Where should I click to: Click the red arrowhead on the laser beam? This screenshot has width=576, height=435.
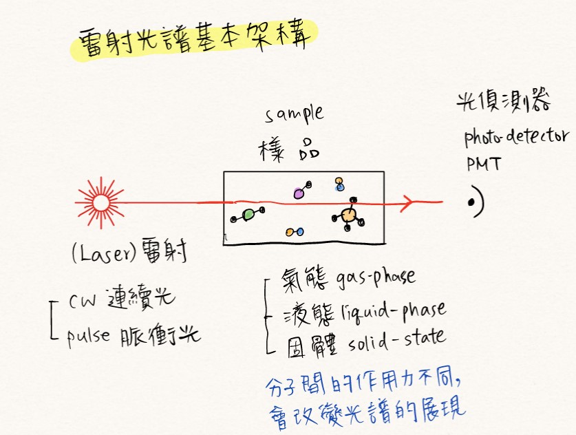point(408,202)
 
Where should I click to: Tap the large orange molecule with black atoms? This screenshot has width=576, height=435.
point(349,215)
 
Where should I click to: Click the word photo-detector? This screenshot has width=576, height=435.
point(516,138)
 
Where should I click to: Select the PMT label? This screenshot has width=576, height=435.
point(482,165)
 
